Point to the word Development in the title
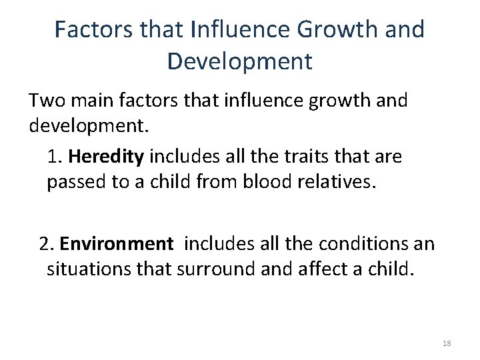tap(239, 61)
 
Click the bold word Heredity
tap(106, 158)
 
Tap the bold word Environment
tap(115, 245)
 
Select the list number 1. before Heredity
tap(55, 158)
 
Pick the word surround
tap(217, 270)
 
